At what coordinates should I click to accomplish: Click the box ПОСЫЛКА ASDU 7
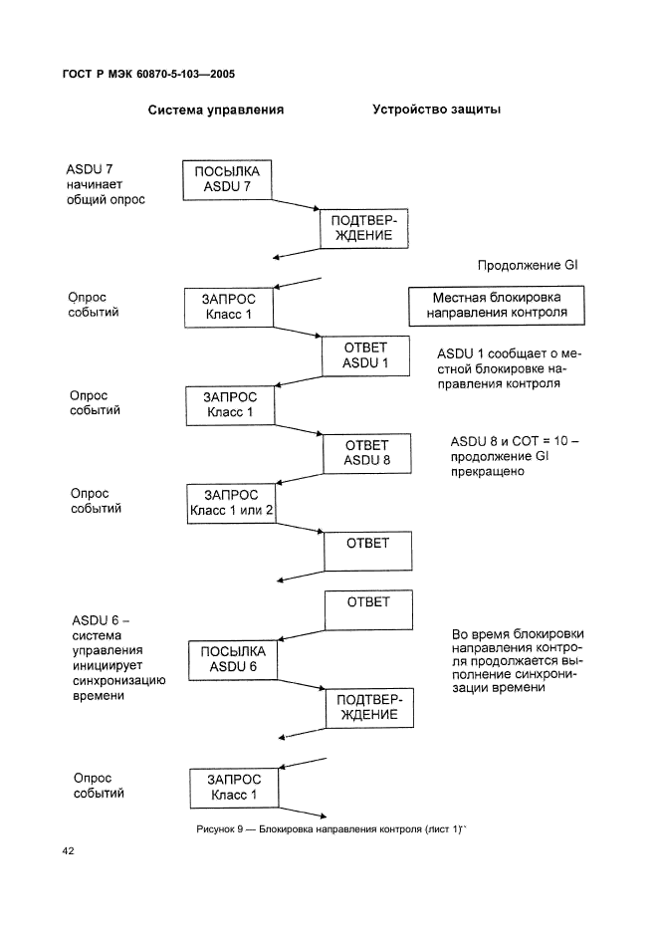click(226, 180)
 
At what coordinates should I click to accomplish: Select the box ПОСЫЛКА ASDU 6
click(232, 660)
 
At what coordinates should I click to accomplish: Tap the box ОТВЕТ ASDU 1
click(365, 356)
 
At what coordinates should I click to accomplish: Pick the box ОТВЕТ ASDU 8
click(366, 453)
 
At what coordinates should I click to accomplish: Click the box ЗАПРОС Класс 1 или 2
click(231, 504)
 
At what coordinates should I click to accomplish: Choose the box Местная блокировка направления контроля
click(497, 306)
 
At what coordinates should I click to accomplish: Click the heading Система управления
click(216, 110)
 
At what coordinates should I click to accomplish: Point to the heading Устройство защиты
click(436, 110)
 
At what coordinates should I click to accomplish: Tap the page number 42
click(69, 851)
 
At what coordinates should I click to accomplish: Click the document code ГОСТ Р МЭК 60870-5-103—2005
click(148, 75)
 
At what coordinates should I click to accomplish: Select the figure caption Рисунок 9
click(331, 829)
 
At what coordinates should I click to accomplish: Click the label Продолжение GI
click(528, 265)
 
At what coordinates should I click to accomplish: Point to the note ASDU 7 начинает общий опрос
click(106, 184)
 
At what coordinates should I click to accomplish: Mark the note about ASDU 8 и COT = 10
click(514, 456)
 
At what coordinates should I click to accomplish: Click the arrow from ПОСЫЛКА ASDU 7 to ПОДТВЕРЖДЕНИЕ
click(296, 204)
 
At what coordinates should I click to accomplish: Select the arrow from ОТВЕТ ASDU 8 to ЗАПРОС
click(300, 479)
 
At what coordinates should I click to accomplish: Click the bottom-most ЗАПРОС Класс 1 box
click(234, 789)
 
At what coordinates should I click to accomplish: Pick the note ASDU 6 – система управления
click(118, 658)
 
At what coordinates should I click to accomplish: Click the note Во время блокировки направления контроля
click(517, 660)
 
